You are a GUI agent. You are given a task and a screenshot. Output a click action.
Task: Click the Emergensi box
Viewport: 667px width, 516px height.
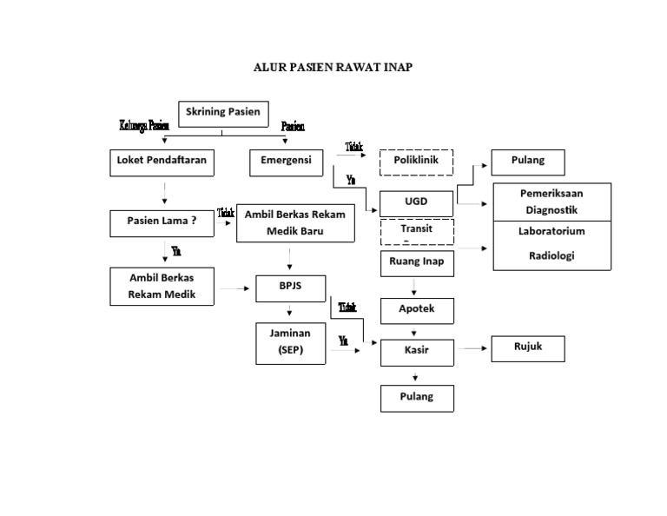point(287,162)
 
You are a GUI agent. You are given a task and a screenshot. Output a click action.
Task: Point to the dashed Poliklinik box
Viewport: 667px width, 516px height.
point(416,162)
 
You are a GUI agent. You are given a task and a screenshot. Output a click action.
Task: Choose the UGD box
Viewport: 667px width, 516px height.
point(416,202)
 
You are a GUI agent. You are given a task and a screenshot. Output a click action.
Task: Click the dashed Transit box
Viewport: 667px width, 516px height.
point(416,232)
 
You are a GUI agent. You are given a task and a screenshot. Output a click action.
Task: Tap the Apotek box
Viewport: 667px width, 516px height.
point(416,310)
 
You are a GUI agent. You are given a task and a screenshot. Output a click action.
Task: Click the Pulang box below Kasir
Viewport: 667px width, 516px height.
point(416,398)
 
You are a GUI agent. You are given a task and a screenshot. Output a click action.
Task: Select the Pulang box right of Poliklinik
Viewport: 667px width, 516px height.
point(527,162)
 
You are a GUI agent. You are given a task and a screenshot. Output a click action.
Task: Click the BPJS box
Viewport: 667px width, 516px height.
point(290,288)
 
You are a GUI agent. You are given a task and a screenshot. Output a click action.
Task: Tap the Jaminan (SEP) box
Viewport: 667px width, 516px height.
point(290,342)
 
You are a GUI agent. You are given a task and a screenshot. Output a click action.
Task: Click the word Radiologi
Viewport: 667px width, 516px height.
point(551,255)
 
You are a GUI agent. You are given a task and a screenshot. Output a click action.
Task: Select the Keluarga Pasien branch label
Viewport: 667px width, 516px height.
point(143,126)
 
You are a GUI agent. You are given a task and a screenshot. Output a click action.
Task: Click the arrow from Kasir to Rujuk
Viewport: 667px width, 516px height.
point(472,349)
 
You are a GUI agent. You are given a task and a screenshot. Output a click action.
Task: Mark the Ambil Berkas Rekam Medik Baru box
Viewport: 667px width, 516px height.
point(296,223)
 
